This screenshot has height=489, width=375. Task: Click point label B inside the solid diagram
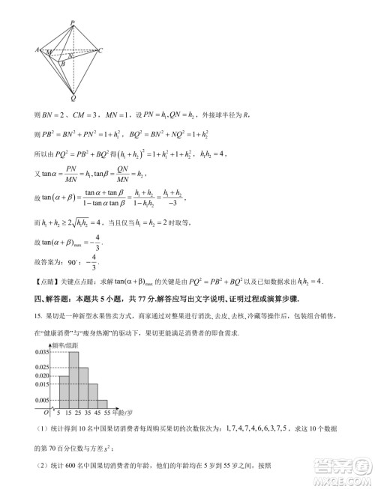pos(63,64)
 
